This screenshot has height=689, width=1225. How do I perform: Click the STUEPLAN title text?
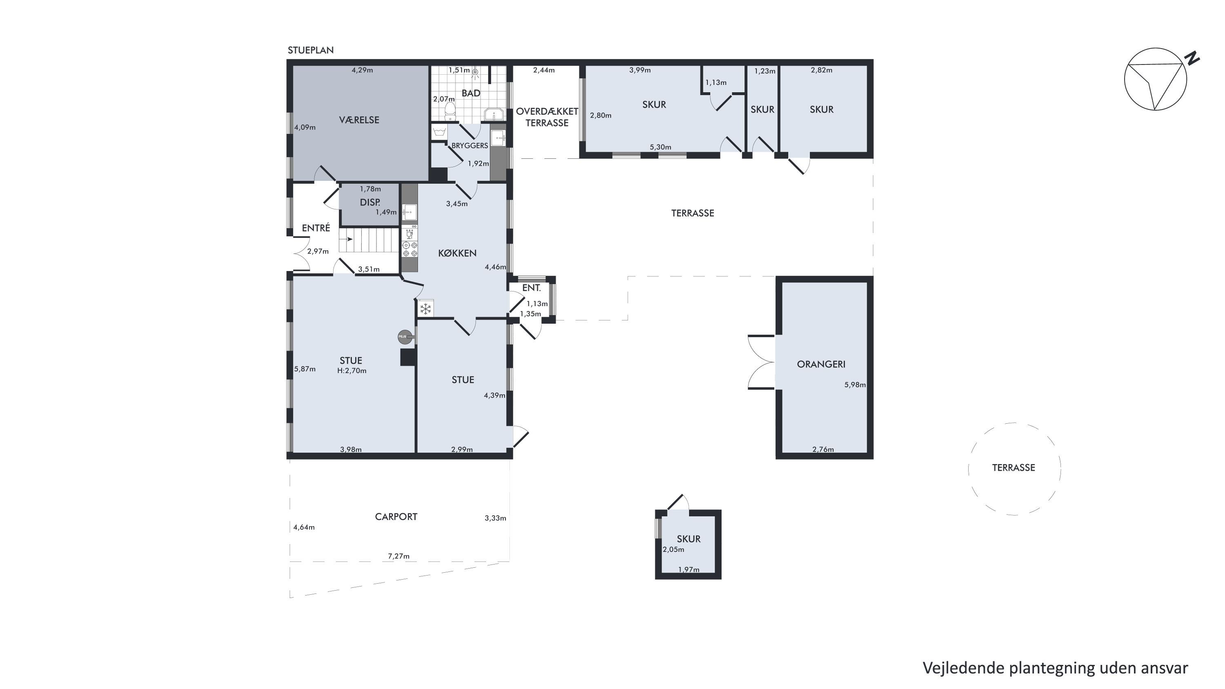pos(310,50)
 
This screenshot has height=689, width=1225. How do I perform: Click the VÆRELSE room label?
pos(359,120)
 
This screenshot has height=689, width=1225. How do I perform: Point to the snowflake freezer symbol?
pos(425,309)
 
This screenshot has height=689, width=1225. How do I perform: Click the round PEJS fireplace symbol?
pos(404,337)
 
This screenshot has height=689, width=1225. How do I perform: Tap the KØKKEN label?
pos(457,253)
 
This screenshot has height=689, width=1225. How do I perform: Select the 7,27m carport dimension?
pos(399,556)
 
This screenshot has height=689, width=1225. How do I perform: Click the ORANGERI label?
pos(821,364)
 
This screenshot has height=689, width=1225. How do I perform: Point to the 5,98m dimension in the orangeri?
pos(855,385)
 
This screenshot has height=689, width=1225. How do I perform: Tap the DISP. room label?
pos(370,202)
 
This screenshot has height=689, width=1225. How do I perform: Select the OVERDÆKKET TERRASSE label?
pos(547,117)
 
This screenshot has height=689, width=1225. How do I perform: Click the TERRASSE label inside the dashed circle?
pos(1013,468)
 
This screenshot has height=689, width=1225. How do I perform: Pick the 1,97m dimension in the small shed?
pos(688,569)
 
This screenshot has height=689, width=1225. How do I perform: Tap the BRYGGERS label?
pos(470,145)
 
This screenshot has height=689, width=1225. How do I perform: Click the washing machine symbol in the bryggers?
pos(439,132)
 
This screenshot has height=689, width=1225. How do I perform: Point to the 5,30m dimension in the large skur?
pos(661,147)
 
